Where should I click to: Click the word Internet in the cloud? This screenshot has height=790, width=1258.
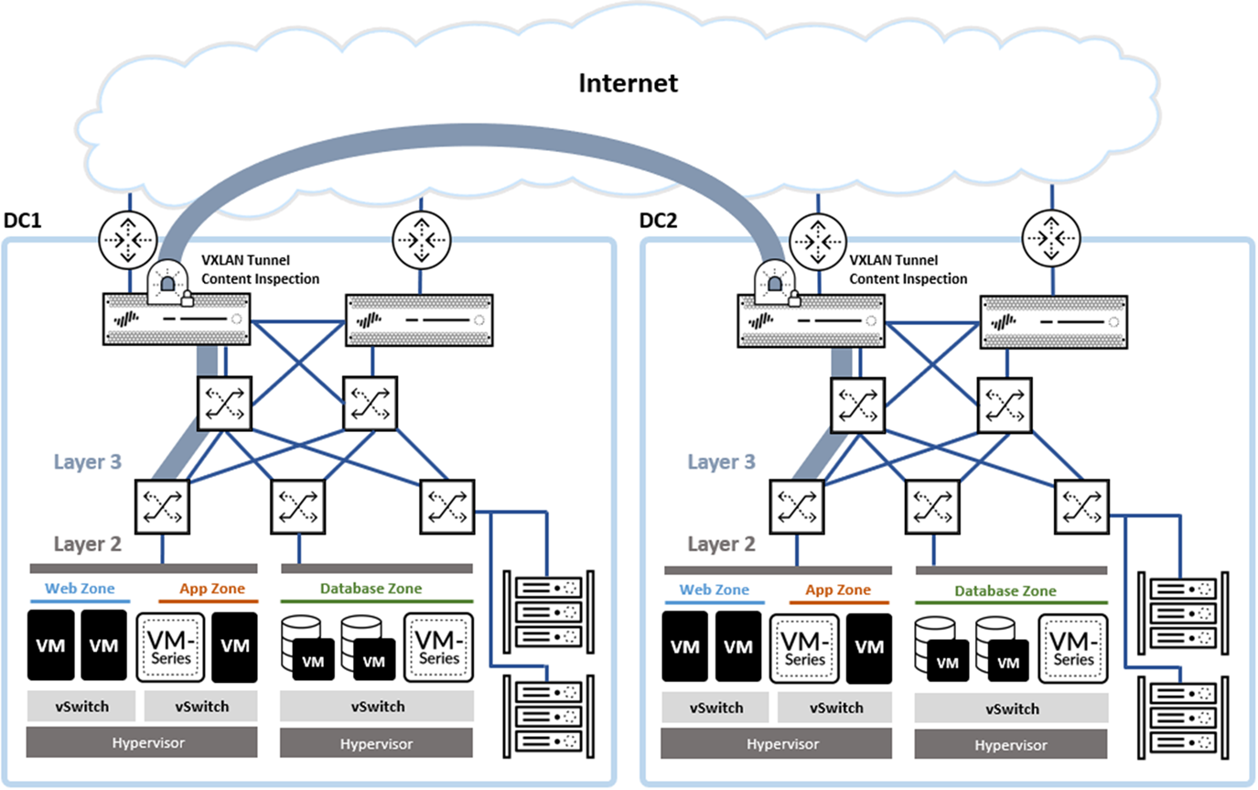pos(629,83)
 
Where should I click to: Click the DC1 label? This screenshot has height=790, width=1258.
pos(24,222)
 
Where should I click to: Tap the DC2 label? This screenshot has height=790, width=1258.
pos(658,222)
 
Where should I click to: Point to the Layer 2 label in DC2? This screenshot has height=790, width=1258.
pos(721,545)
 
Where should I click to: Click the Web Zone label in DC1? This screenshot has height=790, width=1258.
pos(79,589)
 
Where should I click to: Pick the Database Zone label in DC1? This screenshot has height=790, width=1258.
pos(371,589)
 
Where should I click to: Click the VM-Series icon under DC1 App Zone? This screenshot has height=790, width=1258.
pos(169,646)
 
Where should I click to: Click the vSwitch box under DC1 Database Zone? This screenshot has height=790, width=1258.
pos(377,707)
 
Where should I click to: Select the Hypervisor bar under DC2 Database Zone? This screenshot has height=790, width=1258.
pos(1011,744)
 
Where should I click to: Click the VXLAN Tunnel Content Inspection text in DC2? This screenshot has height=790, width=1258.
pos(909,270)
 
